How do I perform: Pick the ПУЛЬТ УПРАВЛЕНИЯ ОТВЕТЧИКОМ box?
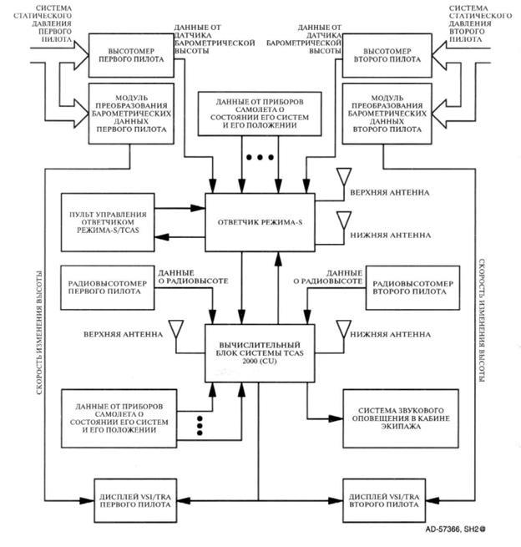[x=109, y=218]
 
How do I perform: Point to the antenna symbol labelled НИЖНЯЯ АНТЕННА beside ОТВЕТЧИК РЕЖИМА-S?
[x=341, y=220]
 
